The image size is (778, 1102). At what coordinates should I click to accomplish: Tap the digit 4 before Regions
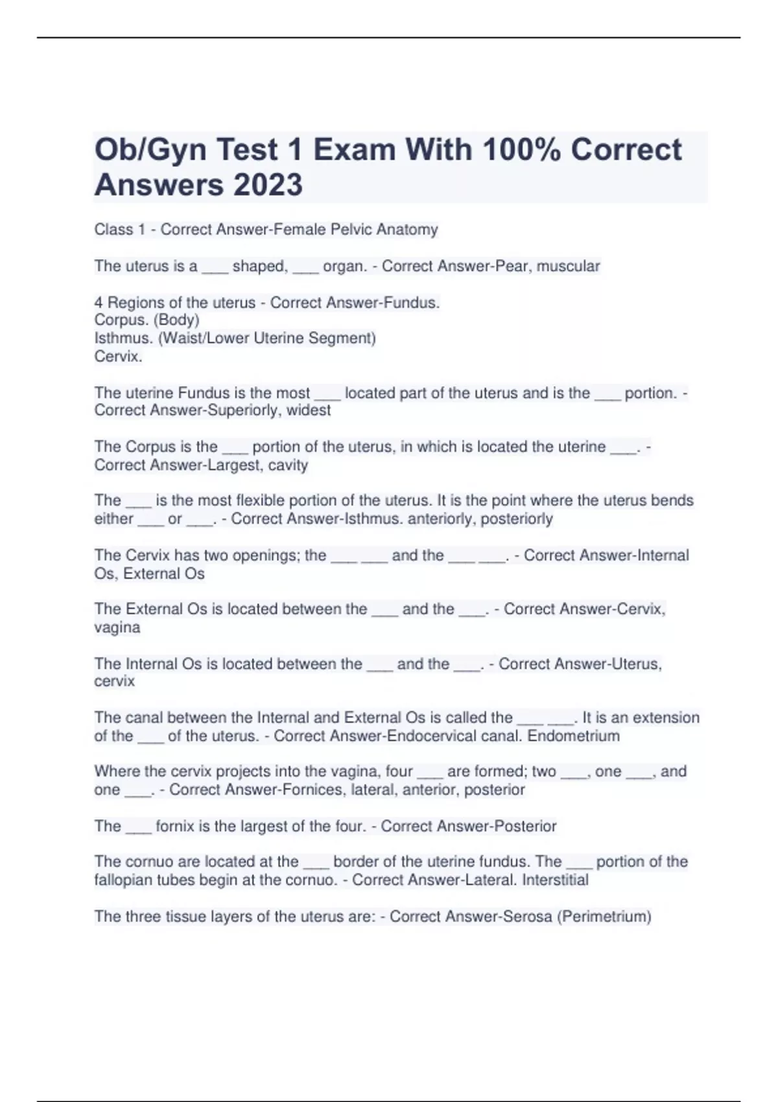[x=99, y=303]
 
